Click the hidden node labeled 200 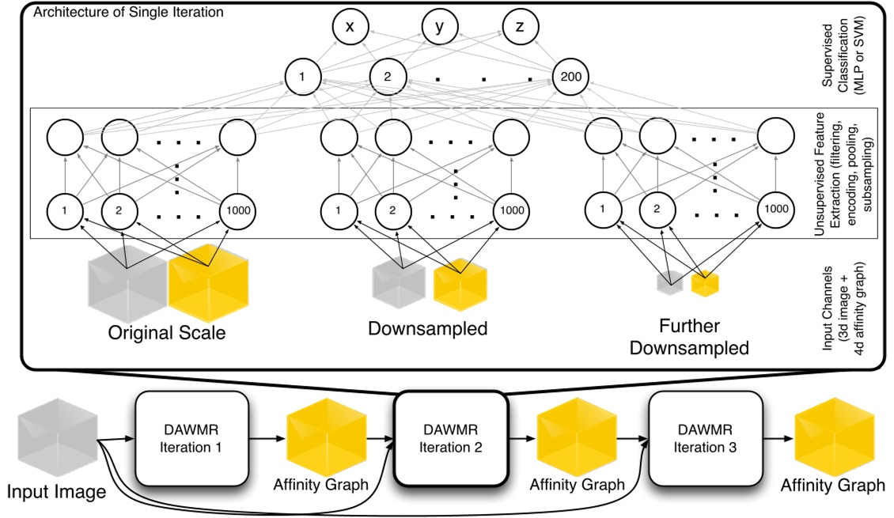click(570, 78)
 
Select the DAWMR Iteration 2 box click(450, 440)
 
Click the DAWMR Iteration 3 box click(705, 440)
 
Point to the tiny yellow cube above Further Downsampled click(704, 284)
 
